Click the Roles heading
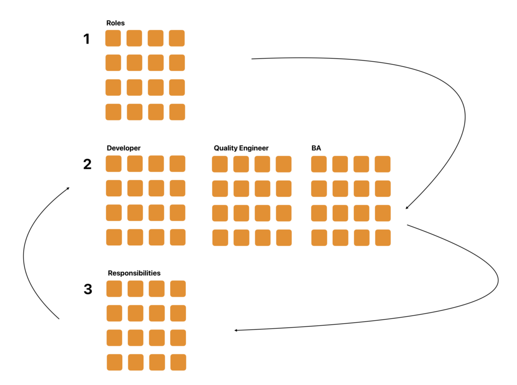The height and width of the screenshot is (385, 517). tap(116, 23)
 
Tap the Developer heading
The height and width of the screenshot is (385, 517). tap(124, 148)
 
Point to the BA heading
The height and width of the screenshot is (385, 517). tap(317, 148)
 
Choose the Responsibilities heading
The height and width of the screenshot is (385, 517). tap(134, 273)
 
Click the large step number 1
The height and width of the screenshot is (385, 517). tap(86, 39)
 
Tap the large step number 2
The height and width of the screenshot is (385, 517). tap(87, 164)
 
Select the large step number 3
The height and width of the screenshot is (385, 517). tap(88, 289)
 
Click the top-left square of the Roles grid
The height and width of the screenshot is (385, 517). tap(113, 38)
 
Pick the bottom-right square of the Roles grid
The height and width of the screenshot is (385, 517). tap(177, 112)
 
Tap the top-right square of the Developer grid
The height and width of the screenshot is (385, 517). tap(178, 163)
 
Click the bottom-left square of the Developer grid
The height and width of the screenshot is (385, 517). tap(114, 237)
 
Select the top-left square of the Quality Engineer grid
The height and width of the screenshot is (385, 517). tap(220, 164)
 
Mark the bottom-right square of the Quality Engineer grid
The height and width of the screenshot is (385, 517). tap(284, 238)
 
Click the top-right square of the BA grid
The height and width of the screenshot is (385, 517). tap(383, 164)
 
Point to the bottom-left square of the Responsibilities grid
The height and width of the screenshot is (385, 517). tap(115, 362)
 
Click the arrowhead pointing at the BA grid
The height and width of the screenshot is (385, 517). tap(407, 208)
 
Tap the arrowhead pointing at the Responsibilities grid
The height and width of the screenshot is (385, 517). tap(236, 330)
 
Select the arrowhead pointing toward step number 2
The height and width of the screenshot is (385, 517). tap(68, 189)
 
